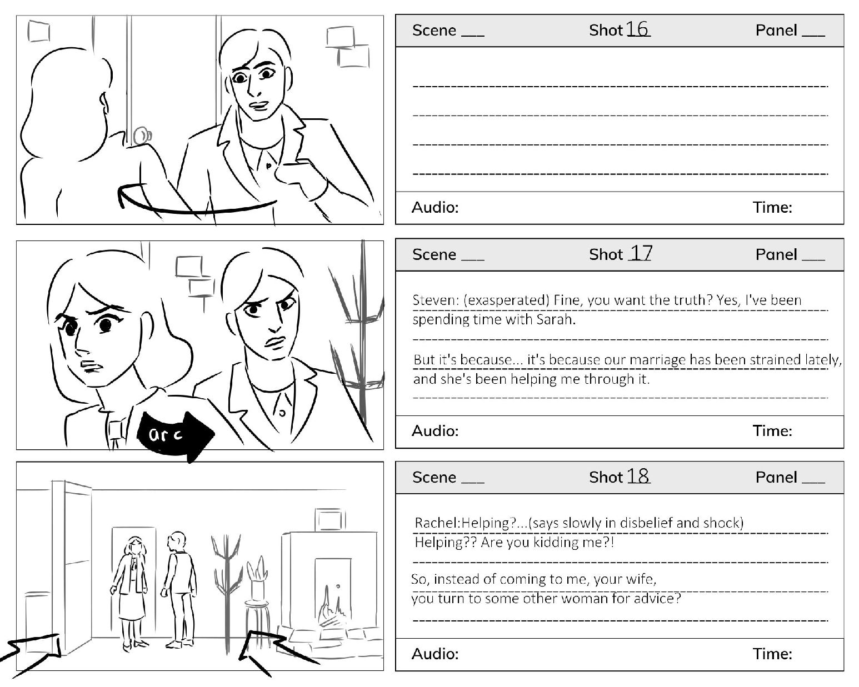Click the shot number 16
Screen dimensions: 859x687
click(637, 29)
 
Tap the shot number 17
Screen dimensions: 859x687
click(641, 253)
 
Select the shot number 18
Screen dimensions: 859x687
click(637, 475)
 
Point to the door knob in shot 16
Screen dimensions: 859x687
click(142, 136)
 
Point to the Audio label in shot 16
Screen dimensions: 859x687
click(435, 208)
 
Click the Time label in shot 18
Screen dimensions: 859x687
click(772, 654)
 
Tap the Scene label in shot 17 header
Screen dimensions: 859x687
click(434, 254)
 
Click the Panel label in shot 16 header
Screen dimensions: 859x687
click(776, 31)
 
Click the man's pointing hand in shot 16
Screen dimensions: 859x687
click(299, 175)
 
